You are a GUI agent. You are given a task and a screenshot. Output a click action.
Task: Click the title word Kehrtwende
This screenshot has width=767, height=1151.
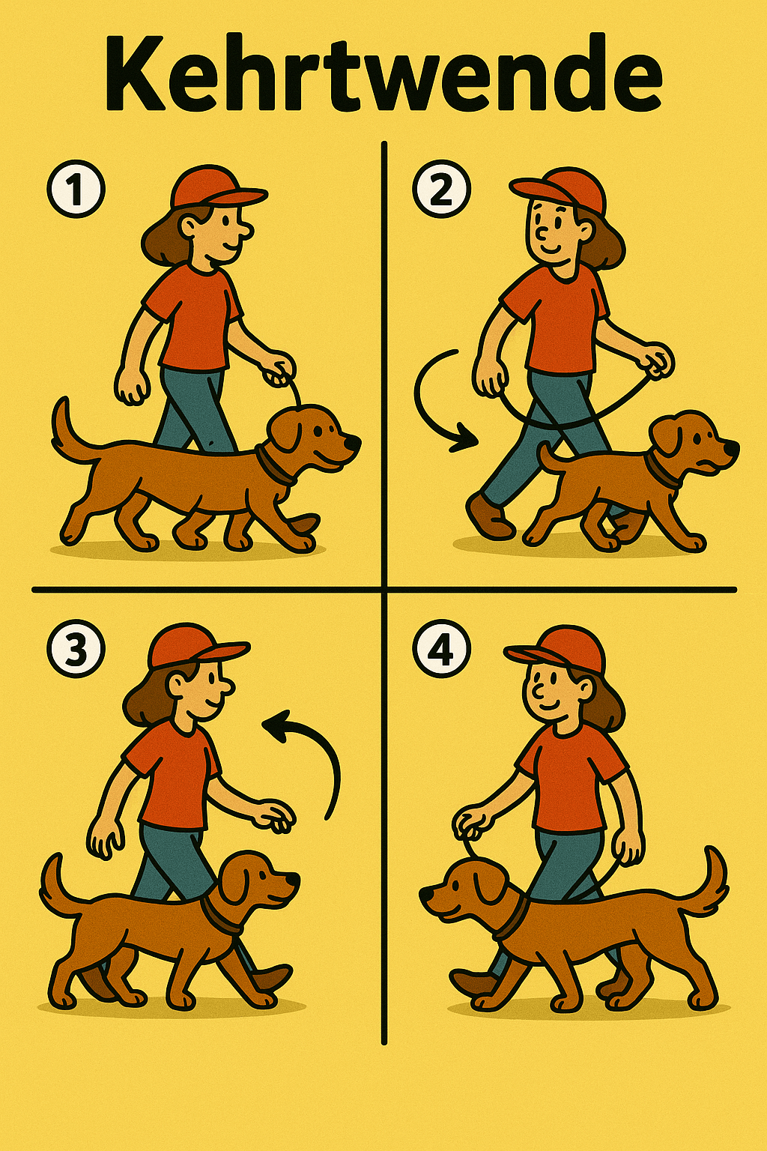[x=383, y=73]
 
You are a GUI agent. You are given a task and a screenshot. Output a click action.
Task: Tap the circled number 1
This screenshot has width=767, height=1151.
[x=76, y=189]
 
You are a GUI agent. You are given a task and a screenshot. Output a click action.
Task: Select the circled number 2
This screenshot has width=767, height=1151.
[x=441, y=189]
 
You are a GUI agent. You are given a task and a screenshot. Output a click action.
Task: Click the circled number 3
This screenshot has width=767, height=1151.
[x=76, y=649]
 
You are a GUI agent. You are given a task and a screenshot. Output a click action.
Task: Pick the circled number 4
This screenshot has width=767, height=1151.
[x=441, y=649]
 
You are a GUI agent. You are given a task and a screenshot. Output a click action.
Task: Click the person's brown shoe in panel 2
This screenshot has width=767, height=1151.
[x=488, y=516]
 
